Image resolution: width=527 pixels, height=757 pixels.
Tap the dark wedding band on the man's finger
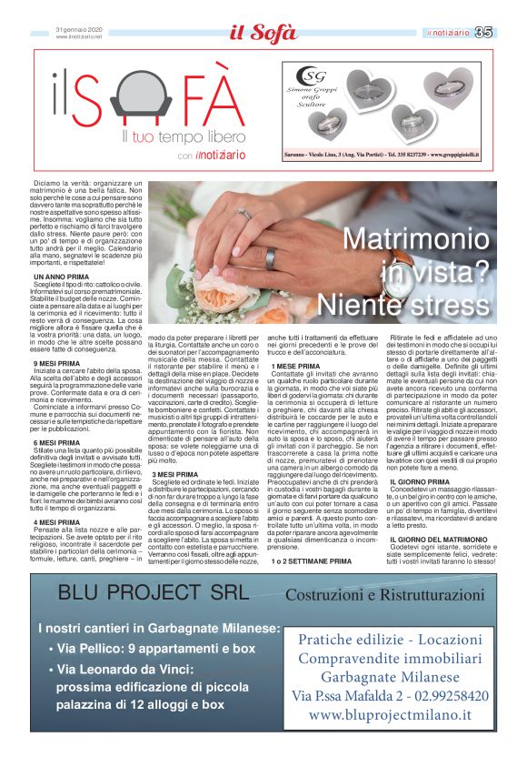coord(271,257)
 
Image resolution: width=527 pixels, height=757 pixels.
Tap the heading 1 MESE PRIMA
coord(296,365)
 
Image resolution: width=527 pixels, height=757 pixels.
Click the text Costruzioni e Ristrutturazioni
coord(383,595)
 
